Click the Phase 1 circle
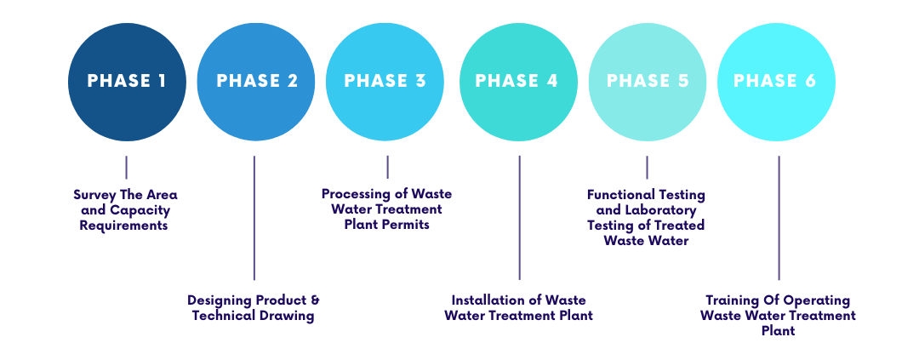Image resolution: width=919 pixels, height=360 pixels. [127, 82]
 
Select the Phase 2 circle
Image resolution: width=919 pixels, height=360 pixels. [256, 82]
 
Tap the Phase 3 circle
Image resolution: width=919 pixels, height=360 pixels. [385, 82]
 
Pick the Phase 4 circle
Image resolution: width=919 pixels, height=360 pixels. [517, 82]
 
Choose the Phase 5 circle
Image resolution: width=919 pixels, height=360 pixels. [648, 82]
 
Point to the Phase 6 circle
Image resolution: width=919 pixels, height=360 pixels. [776, 82]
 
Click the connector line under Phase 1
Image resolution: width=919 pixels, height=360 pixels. [126, 167]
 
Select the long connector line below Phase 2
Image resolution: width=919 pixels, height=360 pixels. [254, 217]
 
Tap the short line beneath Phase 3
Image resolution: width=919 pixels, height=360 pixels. [387, 167]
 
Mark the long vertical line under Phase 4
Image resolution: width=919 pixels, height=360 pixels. [519, 217]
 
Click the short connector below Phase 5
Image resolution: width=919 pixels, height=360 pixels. [647, 167]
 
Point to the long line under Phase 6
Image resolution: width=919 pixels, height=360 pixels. [779, 217]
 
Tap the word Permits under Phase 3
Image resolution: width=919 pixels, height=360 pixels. [406, 225]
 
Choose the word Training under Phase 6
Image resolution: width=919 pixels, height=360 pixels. [732, 300]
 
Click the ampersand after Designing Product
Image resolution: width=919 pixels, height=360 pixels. [314, 300]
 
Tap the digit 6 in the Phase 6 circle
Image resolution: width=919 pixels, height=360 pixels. [810, 82]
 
